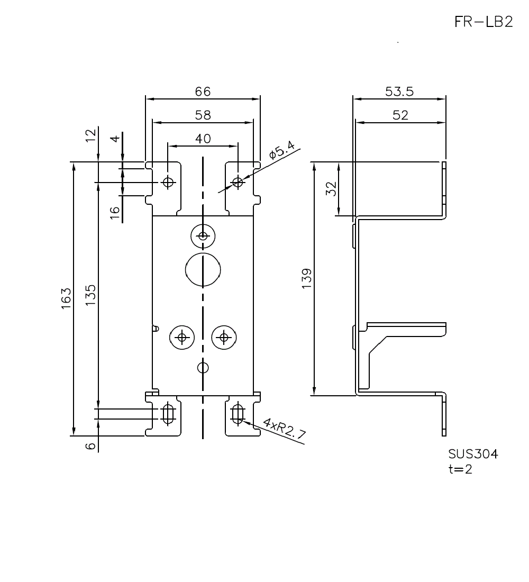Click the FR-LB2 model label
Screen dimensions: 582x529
coord(483,22)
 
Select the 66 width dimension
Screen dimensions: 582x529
coord(203,92)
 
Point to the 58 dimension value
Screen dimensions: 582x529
coord(203,115)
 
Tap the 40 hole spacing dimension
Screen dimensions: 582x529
coord(203,139)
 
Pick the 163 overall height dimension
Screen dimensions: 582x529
coord(66,299)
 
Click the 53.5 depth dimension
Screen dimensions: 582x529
coord(399,92)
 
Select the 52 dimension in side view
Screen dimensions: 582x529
coord(400,115)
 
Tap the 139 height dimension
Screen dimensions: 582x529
coord(307,279)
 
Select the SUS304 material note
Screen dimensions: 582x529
coord(473,454)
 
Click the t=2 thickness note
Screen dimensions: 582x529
coord(460,469)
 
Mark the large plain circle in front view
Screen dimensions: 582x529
coord(203,269)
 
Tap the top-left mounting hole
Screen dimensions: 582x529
coord(168,183)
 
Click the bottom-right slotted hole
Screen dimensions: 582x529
coord(238,414)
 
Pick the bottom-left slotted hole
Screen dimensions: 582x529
coord(168,414)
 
